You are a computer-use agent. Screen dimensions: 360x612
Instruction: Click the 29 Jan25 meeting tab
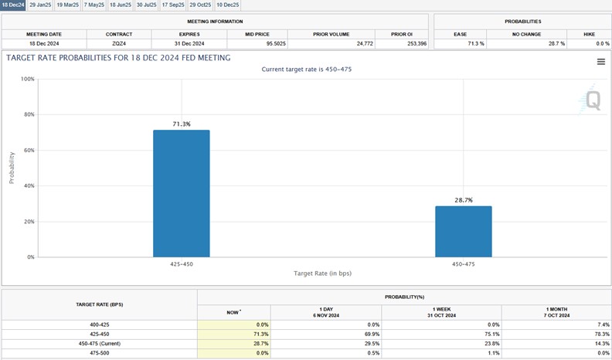click(39, 5)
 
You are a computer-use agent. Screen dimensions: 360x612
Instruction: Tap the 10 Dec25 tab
click(228, 5)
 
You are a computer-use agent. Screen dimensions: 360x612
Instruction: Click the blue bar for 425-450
click(181, 193)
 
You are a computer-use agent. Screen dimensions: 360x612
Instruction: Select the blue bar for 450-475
click(463, 231)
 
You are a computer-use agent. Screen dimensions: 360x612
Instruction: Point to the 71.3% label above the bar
click(181, 124)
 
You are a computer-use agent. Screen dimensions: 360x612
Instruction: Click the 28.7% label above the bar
click(463, 200)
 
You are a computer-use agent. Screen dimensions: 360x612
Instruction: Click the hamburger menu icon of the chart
click(600, 62)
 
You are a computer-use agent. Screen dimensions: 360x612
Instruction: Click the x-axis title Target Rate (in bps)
click(322, 274)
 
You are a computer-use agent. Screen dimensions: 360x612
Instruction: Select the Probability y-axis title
click(12, 168)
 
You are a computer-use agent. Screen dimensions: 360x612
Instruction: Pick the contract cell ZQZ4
click(120, 44)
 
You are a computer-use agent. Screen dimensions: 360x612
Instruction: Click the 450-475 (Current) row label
click(100, 343)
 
